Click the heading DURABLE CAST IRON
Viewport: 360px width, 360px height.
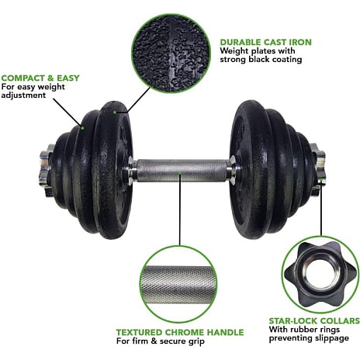click(x=266, y=42)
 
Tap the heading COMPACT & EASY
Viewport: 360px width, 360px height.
click(x=40, y=78)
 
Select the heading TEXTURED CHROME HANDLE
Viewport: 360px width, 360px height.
click(x=180, y=332)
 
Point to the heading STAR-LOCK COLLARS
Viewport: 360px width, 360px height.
click(x=314, y=320)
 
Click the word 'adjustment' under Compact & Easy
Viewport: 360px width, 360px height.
click(x=23, y=95)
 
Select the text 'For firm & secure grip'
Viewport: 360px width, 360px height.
click(x=161, y=341)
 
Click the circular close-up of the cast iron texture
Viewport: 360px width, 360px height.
click(x=171, y=54)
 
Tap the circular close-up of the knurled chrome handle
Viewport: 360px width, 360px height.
click(x=178, y=284)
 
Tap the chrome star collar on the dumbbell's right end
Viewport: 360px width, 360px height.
click(x=318, y=169)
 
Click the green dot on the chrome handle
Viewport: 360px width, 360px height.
click(x=180, y=172)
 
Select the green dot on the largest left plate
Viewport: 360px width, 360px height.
click(x=114, y=112)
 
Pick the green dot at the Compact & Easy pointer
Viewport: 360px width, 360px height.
click(x=82, y=128)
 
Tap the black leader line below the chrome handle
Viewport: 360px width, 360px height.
click(x=180, y=210)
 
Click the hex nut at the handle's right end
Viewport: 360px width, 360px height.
click(x=233, y=170)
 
